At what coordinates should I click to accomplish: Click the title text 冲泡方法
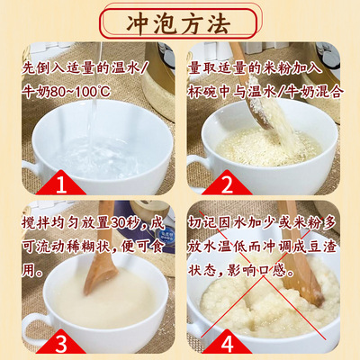point(179,23)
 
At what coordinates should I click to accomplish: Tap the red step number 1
point(61,184)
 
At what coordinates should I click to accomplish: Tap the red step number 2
point(227,184)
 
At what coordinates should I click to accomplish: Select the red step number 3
point(61,344)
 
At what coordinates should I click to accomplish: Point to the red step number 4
point(227,344)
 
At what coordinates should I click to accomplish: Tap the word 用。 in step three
point(31,272)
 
